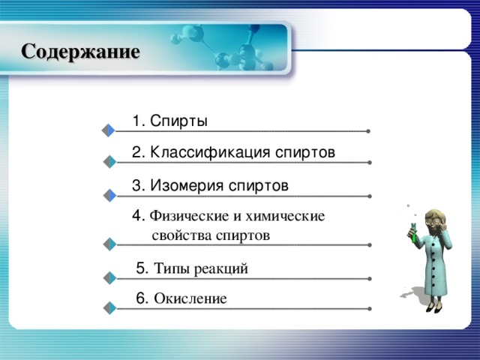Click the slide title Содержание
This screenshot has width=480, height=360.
(x=80, y=52)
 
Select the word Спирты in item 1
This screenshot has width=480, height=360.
(x=178, y=121)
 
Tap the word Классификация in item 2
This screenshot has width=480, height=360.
(x=199, y=152)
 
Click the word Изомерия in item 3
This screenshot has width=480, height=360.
(x=186, y=184)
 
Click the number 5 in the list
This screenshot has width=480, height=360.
(x=141, y=267)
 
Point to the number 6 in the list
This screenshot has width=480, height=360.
(x=142, y=298)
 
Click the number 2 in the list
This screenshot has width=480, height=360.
(x=136, y=152)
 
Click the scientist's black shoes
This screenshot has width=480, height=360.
(x=431, y=306)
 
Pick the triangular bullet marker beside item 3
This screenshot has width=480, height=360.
(x=109, y=196)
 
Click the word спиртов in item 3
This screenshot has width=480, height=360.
(x=259, y=184)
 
